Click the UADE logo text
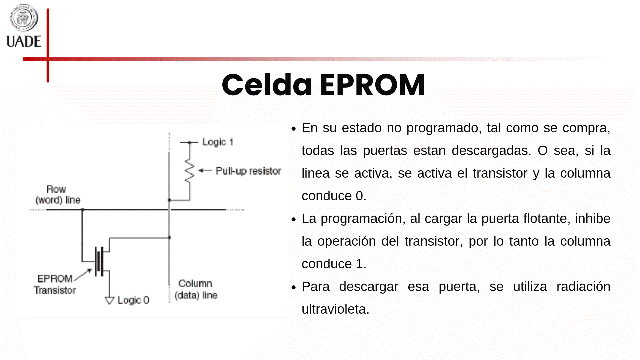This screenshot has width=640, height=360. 24,41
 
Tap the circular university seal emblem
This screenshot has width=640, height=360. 23,17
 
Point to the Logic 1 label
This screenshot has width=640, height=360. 218,142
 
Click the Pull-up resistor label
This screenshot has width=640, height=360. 248,171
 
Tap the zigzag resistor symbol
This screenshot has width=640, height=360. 189,171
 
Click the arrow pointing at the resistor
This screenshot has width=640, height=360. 205,171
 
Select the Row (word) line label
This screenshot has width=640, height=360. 58,194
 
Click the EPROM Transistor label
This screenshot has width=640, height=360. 55,284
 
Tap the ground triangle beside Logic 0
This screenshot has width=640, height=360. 109,300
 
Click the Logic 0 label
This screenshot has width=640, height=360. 133,300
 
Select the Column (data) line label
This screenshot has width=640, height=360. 196,289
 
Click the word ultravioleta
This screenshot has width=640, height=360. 335,309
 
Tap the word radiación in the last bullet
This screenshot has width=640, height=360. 583,286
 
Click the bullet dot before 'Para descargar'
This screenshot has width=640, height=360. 293,287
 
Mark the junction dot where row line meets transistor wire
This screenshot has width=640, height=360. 83,210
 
